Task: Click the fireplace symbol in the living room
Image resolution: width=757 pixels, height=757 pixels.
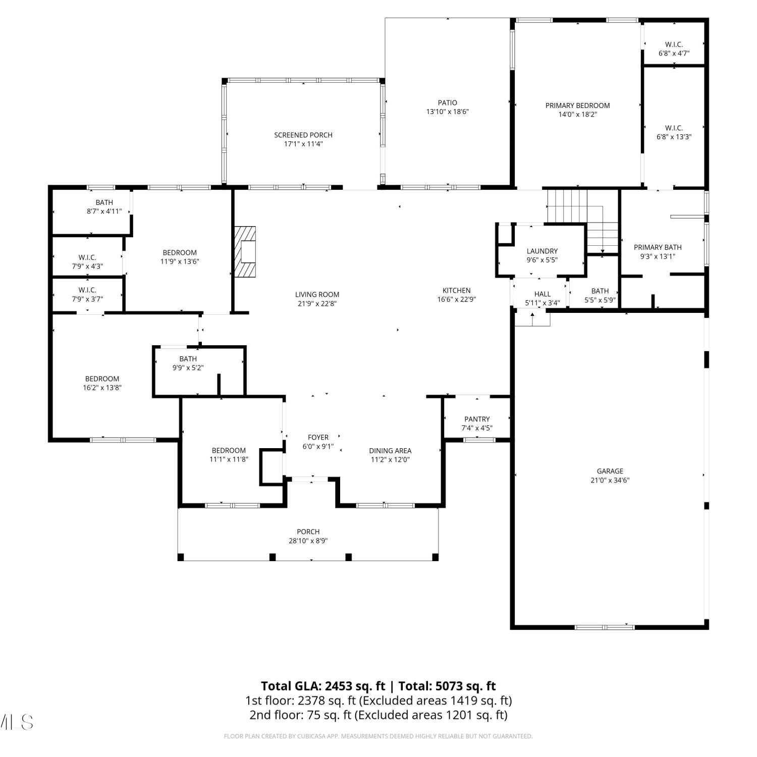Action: pos(245,251)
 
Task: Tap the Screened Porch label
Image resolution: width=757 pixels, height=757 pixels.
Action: pos(303,135)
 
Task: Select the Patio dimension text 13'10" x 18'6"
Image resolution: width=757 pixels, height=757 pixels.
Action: pos(448,112)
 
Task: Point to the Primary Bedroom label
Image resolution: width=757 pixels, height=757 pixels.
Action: pos(577,105)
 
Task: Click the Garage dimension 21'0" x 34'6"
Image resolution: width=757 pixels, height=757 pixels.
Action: pos(610,480)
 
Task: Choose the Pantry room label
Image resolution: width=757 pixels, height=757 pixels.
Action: pos(477,419)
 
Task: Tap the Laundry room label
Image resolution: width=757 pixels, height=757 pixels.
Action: pos(542,251)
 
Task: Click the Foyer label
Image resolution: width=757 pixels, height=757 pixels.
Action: pos(318,437)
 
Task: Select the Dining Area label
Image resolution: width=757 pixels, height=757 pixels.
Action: pos(390,451)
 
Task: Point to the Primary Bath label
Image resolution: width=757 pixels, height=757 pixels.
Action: pos(658,247)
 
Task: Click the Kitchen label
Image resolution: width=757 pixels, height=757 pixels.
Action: pos(457,290)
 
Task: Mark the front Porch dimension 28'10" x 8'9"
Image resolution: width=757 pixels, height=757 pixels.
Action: pos(308,541)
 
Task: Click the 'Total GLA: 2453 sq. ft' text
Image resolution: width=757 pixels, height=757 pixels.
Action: pos(323,686)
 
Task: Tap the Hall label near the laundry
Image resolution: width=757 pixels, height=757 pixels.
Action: pos(543,294)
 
